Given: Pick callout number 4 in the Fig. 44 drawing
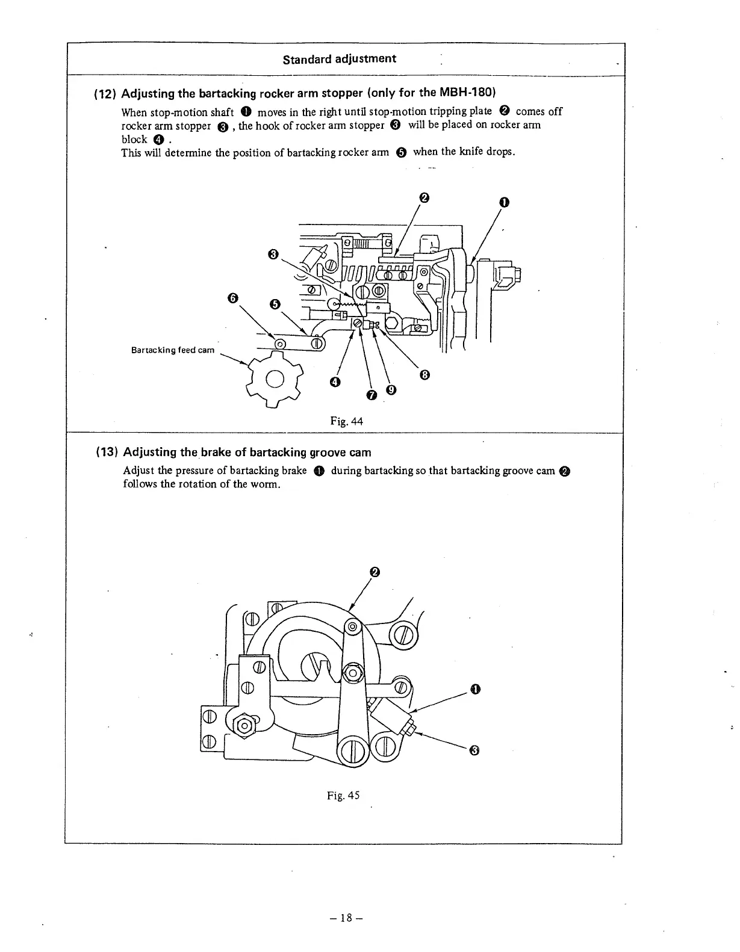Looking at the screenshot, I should [335, 382].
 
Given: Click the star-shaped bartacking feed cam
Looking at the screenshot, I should [274, 379].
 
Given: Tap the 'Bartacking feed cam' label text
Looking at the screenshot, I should [173, 350].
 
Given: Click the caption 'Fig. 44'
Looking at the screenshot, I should [346, 421].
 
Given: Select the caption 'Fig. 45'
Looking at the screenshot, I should [343, 796].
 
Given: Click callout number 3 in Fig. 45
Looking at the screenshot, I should [474, 750].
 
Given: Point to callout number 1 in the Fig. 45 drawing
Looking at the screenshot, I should [475, 689].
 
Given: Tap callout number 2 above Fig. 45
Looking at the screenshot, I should [375, 572].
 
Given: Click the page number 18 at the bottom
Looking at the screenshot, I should [345, 918].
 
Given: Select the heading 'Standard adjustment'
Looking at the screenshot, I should [339, 58].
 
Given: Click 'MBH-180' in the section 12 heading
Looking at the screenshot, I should [470, 93].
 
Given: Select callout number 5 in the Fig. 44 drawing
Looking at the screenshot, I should [275, 304].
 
